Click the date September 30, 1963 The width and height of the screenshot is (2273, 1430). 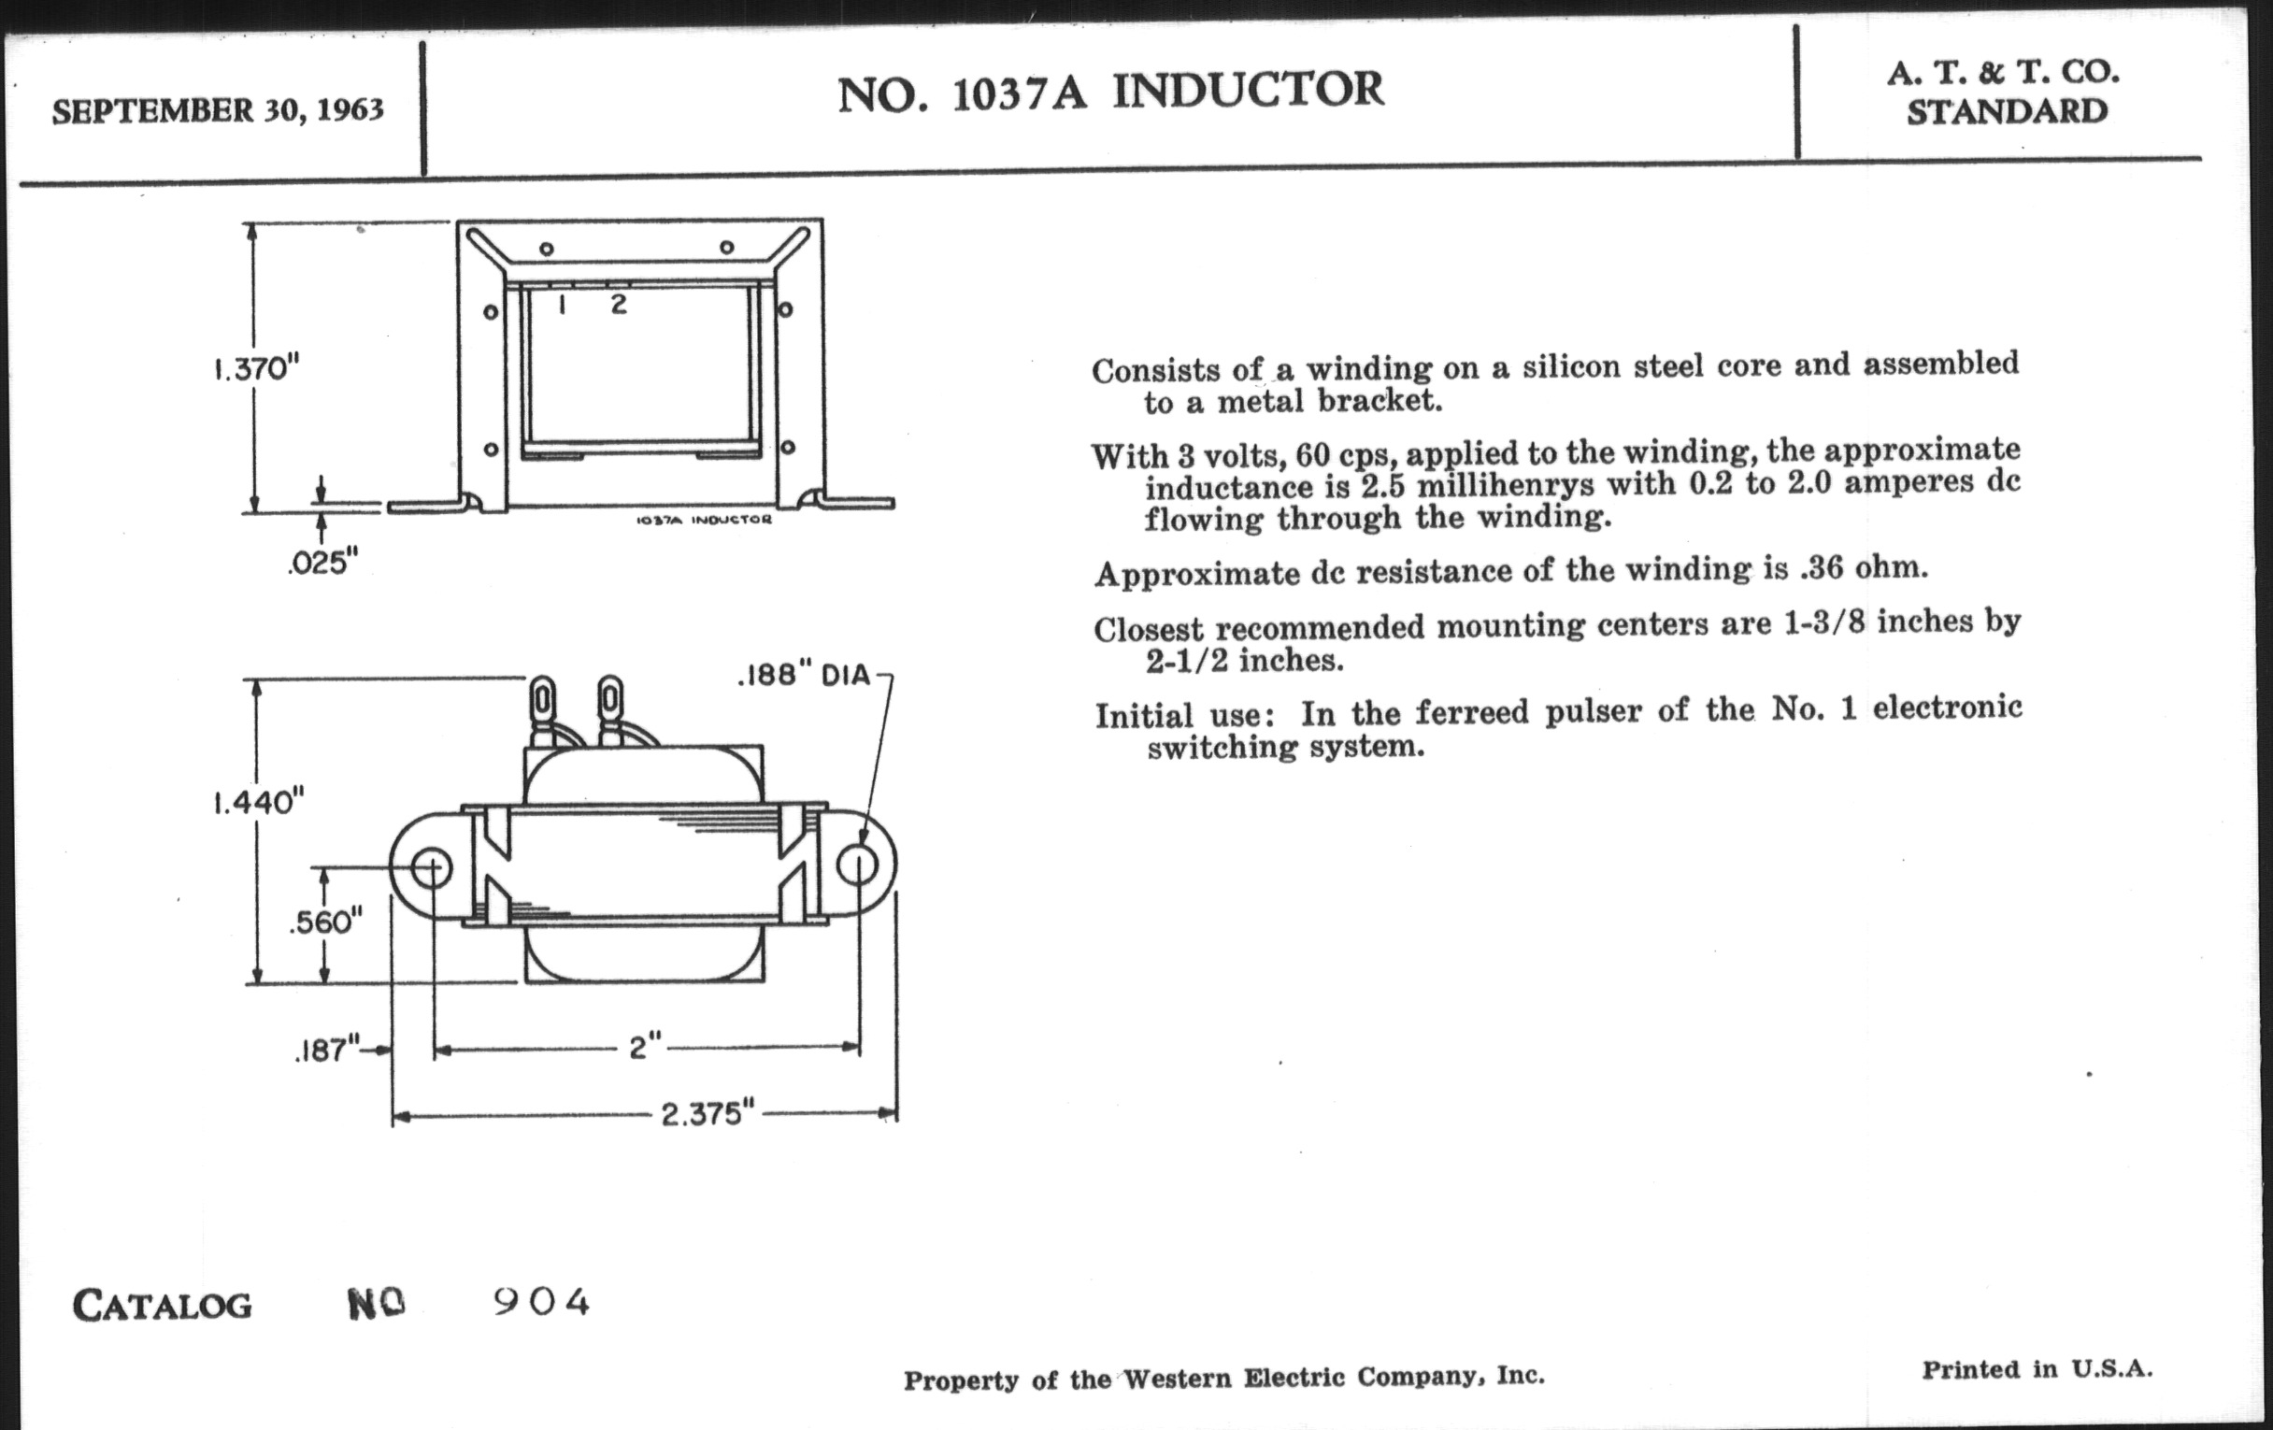(x=217, y=110)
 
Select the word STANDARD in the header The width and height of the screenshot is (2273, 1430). (x=2007, y=112)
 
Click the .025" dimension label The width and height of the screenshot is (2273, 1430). (x=323, y=564)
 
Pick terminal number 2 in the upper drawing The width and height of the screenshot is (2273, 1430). (x=619, y=304)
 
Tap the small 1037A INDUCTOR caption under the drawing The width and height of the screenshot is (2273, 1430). (x=704, y=520)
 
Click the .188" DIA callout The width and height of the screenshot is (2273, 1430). (x=803, y=676)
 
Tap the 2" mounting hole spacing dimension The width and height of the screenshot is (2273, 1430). (x=645, y=1047)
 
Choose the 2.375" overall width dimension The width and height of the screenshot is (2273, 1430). (x=708, y=1115)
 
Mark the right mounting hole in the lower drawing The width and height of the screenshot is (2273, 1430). (x=858, y=865)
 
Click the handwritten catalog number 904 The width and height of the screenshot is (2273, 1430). (x=542, y=1303)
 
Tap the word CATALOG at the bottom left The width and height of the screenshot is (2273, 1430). (x=163, y=1307)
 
